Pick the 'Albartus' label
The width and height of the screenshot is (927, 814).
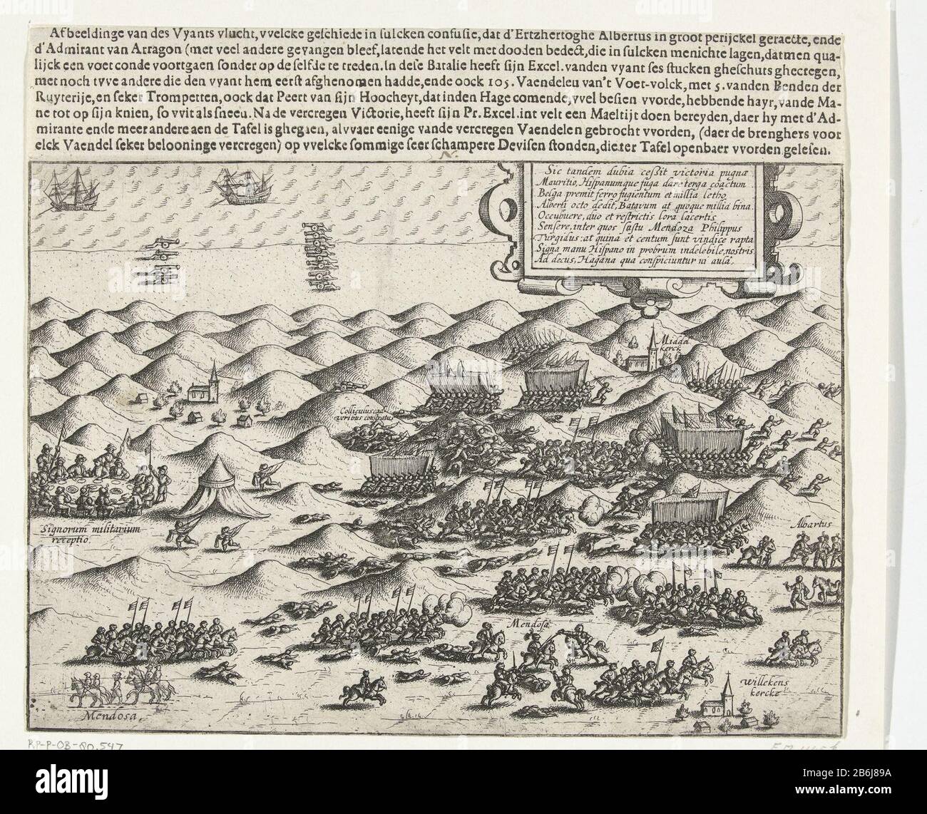[x=809, y=524]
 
